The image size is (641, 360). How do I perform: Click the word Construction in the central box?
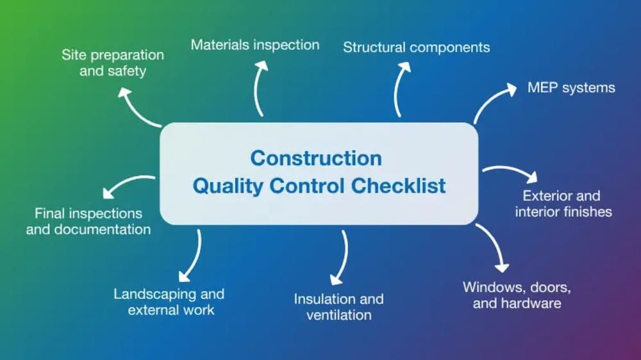click(315, 158)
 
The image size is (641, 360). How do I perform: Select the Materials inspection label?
click(254, 45)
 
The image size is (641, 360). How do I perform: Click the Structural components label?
click(416, 47)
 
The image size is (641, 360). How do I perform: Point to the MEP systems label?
click(570, 88)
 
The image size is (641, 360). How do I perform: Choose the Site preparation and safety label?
click(113, 63)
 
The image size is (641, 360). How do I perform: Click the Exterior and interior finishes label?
click(563, 204)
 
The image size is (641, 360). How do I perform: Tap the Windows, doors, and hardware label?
click(517, 295)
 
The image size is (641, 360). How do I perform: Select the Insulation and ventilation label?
click(338, 307)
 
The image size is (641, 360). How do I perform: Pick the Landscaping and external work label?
click(169, 302)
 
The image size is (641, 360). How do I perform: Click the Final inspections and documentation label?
click(88, 221)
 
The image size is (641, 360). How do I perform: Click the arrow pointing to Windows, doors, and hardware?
click(494, 247)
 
